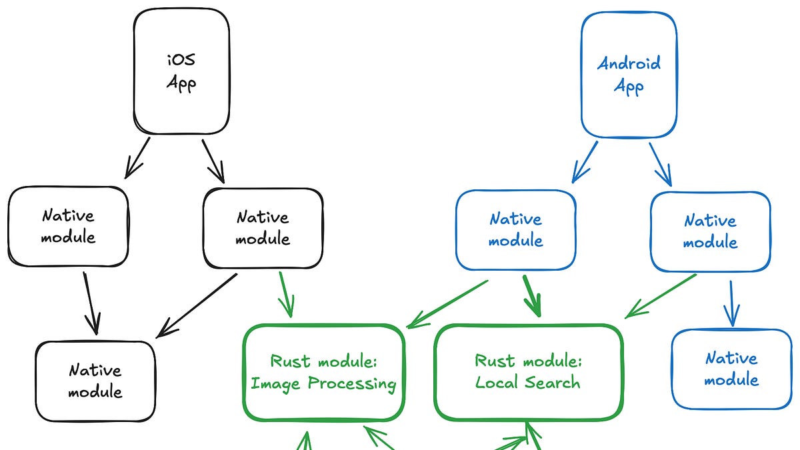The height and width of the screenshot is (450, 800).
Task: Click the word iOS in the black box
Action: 181,60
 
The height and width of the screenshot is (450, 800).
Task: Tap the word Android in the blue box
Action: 629,64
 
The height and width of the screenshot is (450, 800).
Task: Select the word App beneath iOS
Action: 181,85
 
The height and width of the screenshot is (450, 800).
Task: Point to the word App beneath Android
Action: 629,87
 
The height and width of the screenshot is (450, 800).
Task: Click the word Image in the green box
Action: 276,384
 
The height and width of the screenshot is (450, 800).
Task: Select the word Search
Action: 555,383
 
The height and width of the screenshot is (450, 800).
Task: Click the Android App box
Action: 629,75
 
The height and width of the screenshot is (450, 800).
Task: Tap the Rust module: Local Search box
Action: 528,372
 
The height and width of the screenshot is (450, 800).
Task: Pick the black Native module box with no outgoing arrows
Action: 95,381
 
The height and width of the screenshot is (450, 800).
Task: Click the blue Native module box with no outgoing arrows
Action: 731,369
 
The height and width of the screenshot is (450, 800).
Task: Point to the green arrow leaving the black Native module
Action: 285,293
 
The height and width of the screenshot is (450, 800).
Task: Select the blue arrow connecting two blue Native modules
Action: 732,303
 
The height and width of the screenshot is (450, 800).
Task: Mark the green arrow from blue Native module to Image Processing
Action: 447,304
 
